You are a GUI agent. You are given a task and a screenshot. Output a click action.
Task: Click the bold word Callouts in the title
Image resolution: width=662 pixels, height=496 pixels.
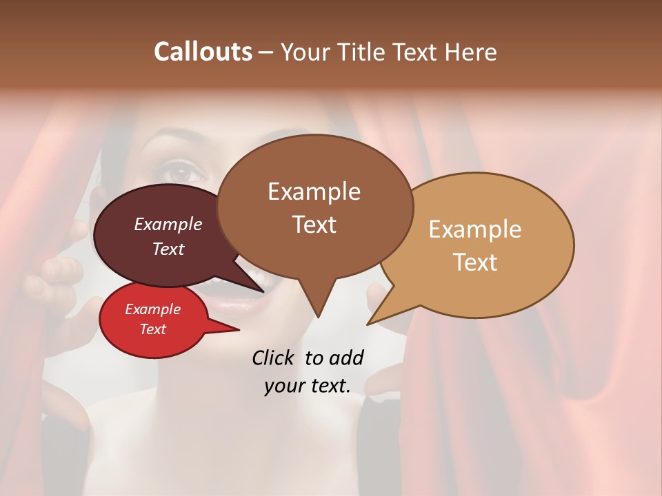tap(203, 52)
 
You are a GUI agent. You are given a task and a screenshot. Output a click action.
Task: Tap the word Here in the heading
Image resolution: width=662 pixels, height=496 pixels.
tap(471, 52)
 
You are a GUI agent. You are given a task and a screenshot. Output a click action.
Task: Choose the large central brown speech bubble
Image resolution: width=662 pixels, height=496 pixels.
tap(314, 207)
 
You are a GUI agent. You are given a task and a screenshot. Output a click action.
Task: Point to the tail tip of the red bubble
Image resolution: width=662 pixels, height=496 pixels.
tap(238, 330)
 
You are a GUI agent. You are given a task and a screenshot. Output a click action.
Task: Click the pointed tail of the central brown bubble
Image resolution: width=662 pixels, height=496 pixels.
tap(318, 316)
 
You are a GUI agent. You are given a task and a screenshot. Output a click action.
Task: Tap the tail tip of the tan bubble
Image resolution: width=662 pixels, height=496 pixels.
tap(368, 324)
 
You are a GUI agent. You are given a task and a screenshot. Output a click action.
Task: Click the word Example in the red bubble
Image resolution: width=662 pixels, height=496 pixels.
tap(152, 309)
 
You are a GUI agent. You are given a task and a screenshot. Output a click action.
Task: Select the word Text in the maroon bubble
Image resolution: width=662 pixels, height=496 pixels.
tap(168, 249)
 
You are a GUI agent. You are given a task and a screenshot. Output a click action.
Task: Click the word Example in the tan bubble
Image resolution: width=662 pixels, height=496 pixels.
tap(475, 229)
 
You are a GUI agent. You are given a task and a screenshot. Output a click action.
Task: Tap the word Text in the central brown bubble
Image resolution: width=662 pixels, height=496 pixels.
tap(314, 225)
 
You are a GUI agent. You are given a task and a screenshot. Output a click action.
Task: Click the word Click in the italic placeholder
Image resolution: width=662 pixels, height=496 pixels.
tap(274, 358)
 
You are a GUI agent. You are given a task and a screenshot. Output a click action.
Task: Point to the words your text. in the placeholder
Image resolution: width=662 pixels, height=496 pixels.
tap(308, 386)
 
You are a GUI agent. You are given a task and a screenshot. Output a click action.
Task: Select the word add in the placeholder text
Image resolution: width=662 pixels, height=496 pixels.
tap(346, 358)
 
